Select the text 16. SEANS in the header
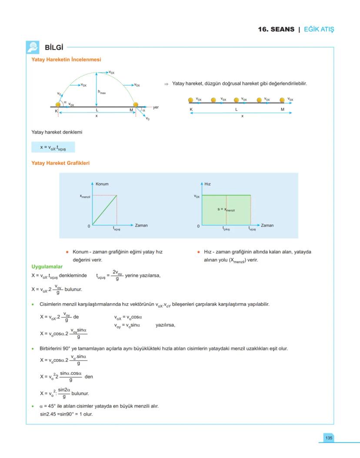pyautogui.click(x=276, y=30)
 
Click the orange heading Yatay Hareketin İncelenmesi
pyautogui.click(x=66, y=59)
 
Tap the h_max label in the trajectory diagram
pyautogui.click(x=102, y=92)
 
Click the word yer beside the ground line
pyautogui.click(x=156, y=107)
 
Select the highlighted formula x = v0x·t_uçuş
pyautogui.click(x=53, y=147)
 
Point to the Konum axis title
pyautogui.click(x=102, y=184)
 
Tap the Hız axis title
pyautogui.click(x=207, y=184)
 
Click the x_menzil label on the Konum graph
pyautogui.click(x=84, y=196)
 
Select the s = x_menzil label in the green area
pyautogui.click(x=226, y=210)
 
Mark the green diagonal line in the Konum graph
pyautogui.click(x=104, y=211)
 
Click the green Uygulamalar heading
pyautogui.click(x=47, y=266)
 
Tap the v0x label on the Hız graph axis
pyautogui.click(x=197, y=196)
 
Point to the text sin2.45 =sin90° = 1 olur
pyautogui.click(x=66, y=414)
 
